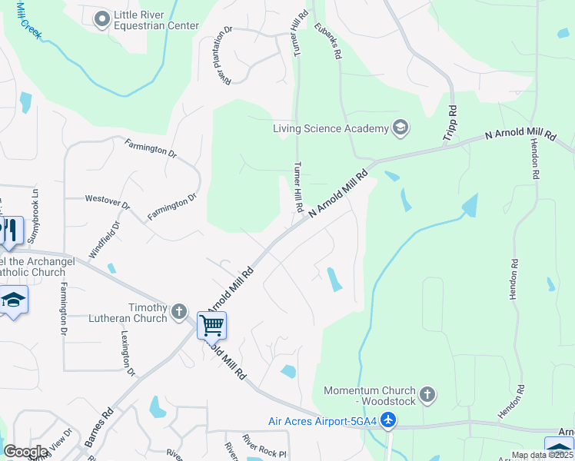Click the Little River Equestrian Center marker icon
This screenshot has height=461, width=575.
coord(101,19)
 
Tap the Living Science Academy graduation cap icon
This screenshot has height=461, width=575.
coord(400,128)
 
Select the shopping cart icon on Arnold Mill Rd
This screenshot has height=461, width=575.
coord(211,324)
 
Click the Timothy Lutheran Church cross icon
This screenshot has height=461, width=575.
coord(179,311)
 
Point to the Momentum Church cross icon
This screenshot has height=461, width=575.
coord(427,396)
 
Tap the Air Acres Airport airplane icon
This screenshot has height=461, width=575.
coord(389,420)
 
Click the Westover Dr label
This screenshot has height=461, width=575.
coord(108,203)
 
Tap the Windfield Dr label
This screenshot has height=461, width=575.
coord(105,240)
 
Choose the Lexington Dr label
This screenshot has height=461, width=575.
coord(126,354)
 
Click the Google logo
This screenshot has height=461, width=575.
coord(26,451)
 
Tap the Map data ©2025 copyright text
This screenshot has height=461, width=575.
coord(543,455)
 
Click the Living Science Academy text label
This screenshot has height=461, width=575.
coord(331,128)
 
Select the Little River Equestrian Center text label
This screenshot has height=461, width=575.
coord(156,20)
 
